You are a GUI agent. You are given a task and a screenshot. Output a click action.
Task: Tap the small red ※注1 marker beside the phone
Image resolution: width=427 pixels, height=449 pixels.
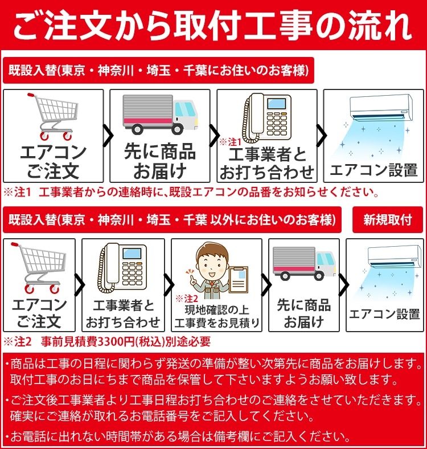pyautogui.click(x=231, y=141)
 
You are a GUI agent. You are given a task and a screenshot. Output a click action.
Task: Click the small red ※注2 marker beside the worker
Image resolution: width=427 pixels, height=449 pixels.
pyautogui.click(x=186, y=298)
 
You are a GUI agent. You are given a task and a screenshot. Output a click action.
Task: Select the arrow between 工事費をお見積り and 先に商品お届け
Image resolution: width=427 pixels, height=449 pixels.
pyautogui.click(x=265, y=284)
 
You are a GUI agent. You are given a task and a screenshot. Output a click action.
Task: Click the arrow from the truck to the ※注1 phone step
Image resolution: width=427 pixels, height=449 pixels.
pyautogui.click(x=215, y=136)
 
